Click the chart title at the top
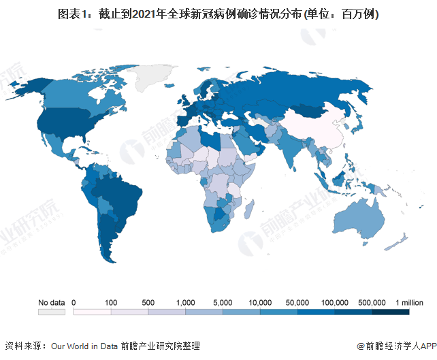point(218,14)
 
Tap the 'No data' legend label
point(51,302)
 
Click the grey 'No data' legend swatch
point(51,312)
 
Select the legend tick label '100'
point(111,302)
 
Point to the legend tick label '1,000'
point(186,302)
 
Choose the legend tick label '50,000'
point(297,302)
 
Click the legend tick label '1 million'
point(409,302)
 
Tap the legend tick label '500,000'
point(372,302)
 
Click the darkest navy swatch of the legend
point(391,312)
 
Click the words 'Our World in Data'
point(85,345)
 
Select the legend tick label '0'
point(74,302)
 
